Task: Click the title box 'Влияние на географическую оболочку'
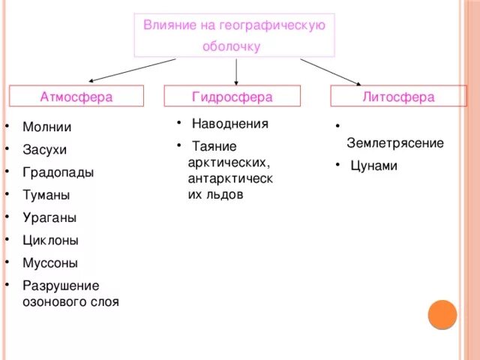[x=234, y=35]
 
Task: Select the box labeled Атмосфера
[x=76, y=97]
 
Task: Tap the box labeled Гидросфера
[x=232, y=97]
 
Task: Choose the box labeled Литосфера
[x=398, y=97]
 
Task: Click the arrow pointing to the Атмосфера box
[x=131, y=70]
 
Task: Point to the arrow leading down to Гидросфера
[x=236, y=71]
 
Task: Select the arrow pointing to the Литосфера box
[x=331, y=72]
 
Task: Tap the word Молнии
[x=46, y=127]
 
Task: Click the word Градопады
[x=58, y=172]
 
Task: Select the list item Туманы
[x=46, y=195]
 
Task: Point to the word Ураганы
[x=49, y=217]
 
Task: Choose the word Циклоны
[x=50, y=241]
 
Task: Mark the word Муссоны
[x=50, y=263]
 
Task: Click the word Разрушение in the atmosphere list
[x=60, y=286]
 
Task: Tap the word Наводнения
[x=229, y=124]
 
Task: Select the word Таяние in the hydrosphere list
[x=214, y=146]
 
